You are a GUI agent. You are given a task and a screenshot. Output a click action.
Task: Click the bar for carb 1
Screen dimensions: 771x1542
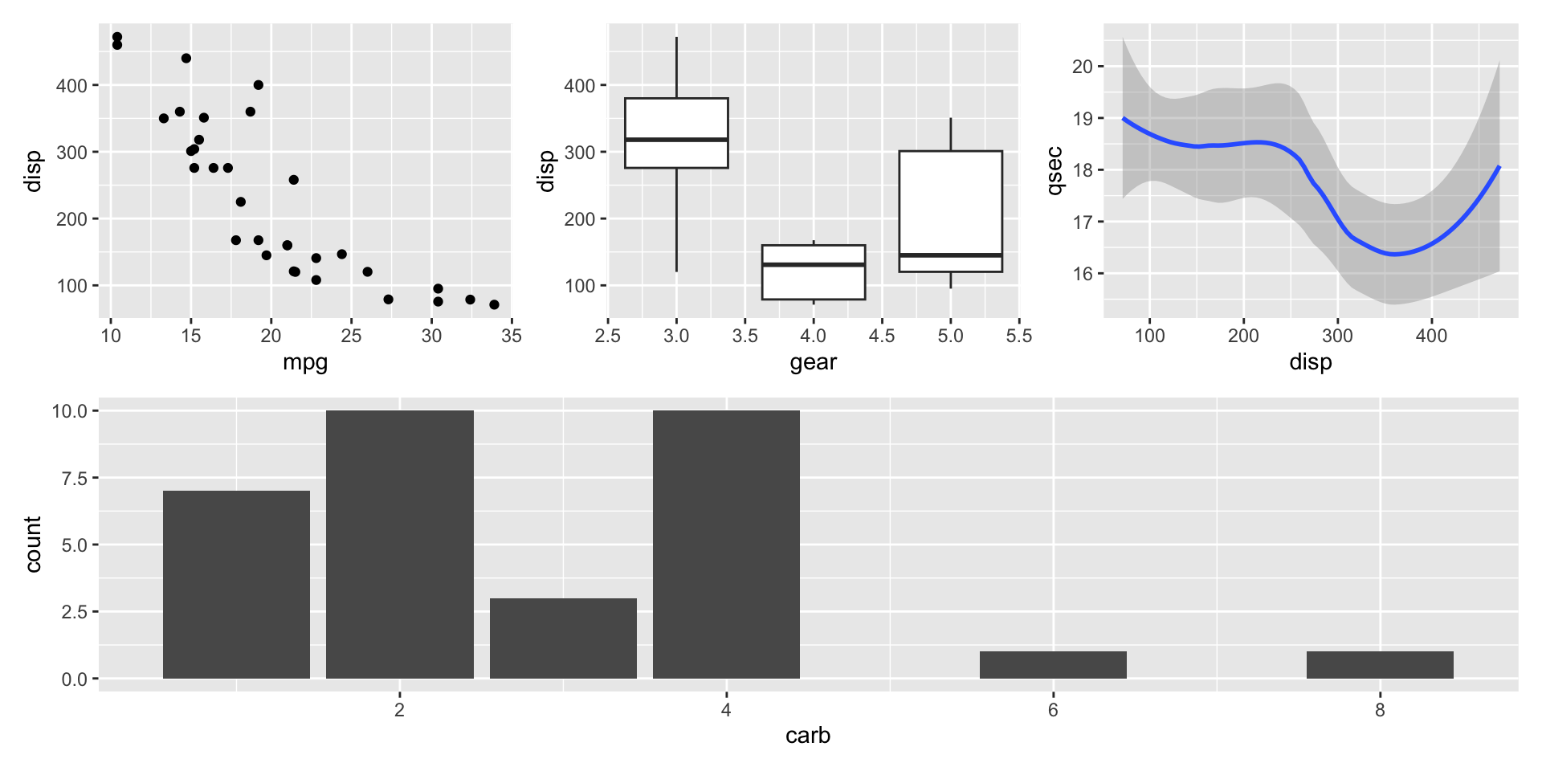pyautogui.click(x=236, y=585)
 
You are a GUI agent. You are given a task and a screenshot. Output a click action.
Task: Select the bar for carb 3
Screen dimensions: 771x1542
pyautogui.click(x=563, y=638)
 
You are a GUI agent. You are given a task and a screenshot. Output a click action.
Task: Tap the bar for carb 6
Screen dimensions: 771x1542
pyautogui.click(x=1053, y=665)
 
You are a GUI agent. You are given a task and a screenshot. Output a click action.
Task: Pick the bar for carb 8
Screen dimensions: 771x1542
pyautogui.click(x=1380, y=665)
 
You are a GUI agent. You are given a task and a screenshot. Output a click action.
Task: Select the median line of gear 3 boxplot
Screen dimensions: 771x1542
pyautogui.click(x=676, y=140)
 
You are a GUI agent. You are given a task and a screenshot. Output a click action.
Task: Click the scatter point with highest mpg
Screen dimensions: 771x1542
pyautogui.click(x=494, y=304)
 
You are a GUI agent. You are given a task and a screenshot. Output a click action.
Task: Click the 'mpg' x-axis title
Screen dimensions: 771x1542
pyautogui.click(x=305, y=362)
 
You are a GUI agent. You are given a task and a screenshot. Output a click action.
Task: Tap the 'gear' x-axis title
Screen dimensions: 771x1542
pyautogui.click(x=813, y=362)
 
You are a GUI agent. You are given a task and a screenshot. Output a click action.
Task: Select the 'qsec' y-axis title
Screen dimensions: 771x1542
pyautogui.click(x=1055, y=170)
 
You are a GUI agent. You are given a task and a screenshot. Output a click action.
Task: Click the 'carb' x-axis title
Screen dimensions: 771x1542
pyautogui.click(x=808, y=736)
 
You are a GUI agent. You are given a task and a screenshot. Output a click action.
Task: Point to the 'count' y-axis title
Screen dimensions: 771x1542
pyautogui.click(x=33, y=545)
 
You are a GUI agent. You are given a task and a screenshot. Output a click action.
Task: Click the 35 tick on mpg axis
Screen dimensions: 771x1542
pyautogui.click(x=512, y=336)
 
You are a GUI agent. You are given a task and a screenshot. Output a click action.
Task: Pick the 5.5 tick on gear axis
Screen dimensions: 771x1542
pyautogui.click(x=1019, y=336)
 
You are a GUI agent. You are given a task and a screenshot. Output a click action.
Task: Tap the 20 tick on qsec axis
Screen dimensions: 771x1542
pyautogui.click(x=1083, y=67)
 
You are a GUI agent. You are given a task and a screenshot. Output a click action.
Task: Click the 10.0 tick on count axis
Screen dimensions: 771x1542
pyautogui.click(x=70, y=411)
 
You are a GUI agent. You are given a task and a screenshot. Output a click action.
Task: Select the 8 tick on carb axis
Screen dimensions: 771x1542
pyautogui.click(x=1380, y=710)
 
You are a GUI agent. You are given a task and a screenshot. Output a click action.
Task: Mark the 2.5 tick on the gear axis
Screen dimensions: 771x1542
pyautogui.click(x=608, y=336)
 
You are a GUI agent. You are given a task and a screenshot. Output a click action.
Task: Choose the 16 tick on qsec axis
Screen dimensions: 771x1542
pyautogui.click(x=1083, y=274)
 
